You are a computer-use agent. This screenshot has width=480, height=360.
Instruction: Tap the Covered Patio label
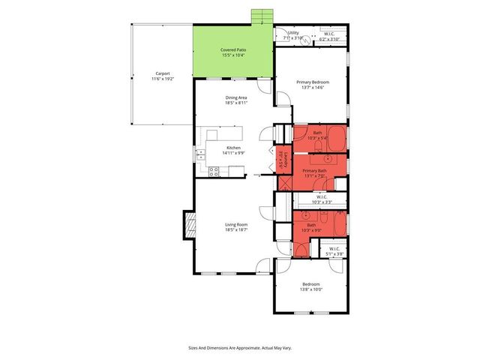point(233,49)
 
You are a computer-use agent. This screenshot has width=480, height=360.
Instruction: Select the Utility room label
point(293,33)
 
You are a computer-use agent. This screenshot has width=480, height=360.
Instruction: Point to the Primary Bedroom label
point(313,82)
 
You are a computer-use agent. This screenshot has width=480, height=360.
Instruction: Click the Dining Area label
point(236,97)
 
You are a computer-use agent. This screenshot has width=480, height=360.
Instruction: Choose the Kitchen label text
point(234,148)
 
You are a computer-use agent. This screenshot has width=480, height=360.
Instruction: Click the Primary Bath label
point(315,171)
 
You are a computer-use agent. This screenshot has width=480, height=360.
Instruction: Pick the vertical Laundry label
point(282,157)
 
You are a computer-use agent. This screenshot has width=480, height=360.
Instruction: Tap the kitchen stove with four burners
point(214,171)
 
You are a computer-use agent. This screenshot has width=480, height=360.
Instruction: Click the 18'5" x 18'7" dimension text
point(236,230)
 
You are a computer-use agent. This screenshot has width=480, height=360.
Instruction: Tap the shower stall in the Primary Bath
point(285,181)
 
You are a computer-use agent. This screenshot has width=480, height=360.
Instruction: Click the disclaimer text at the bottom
point(240,348)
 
